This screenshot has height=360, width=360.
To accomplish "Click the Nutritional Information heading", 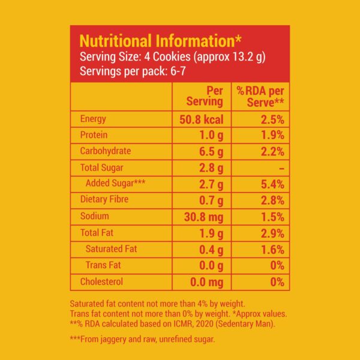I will coord(161,41).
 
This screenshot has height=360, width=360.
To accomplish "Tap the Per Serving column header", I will coord(206,96).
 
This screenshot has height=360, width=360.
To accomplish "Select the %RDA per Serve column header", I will coord(260,96).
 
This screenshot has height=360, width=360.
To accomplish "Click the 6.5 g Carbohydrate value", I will coord(210,151).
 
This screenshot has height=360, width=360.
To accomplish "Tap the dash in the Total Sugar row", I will coord(280,168).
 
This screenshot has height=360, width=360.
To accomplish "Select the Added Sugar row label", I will coord(116,184).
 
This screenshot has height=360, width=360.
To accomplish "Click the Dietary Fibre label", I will coord(104,200).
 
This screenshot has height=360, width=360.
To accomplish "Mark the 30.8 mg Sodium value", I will coord(203,216).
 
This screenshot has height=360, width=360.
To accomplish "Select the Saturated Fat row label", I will coord(113,248).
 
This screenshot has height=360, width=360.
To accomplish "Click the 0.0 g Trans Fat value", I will coord(210,265).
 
